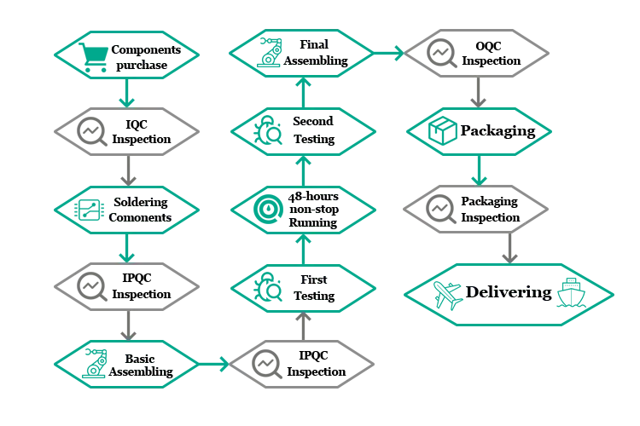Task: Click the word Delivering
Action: pos(509,293)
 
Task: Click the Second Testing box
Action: pos(311,131)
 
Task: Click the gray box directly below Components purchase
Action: pos(128,131)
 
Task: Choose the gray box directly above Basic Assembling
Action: pos(128,287)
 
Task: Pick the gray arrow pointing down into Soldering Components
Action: pos(128,175)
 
